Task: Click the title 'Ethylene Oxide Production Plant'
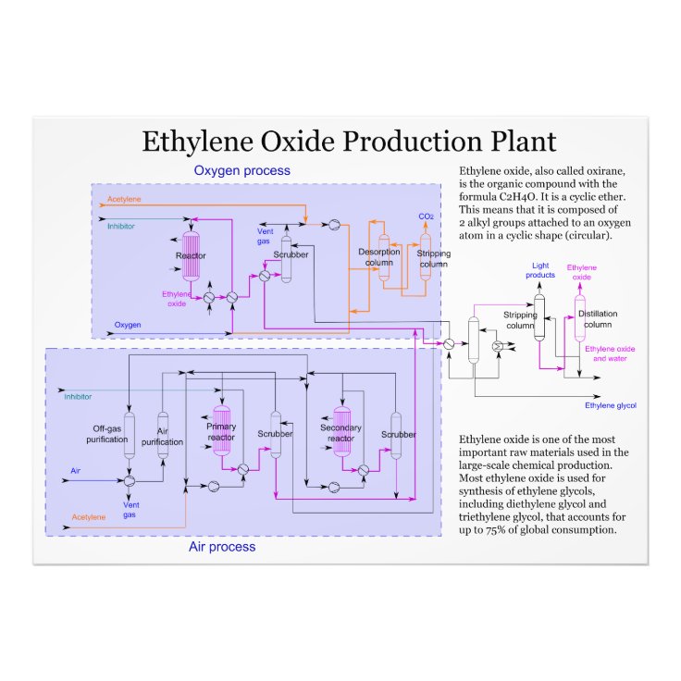349,142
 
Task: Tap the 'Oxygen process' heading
241,170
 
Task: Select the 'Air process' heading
222,547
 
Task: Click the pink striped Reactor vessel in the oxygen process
192,254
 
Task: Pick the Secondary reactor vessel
341,431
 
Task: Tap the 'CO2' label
427,217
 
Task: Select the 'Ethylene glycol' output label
611,405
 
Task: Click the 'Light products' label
540,270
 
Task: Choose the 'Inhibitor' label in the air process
78,397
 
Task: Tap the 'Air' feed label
76,471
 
